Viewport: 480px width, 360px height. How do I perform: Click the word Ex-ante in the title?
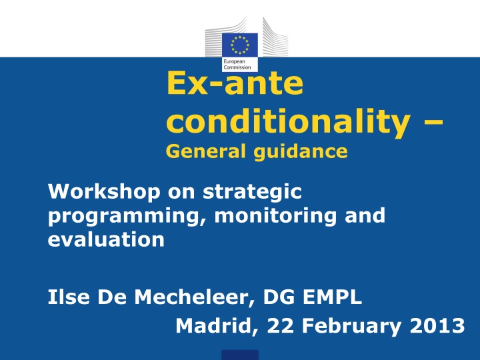pyautogui.click(x=235, y=83)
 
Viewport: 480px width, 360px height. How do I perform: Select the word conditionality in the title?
pyautogui.click(x=288, y=123)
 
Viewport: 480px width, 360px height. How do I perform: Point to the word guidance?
pyautogui.click(x=301, y=152)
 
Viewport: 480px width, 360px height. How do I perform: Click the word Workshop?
pyautogui.click(x=104, y=191)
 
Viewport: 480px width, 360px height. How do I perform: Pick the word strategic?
pyautogui.click(x=252, y=193)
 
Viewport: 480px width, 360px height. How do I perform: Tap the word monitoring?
pyautogui.click(x=275, y=217)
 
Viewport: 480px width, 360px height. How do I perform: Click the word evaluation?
pyautogui.click(x=106, y=239)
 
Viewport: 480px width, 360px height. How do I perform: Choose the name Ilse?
pyautogui.click(x=69, y=297)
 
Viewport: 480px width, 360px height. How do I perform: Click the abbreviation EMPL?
pyautogui.click(x=332, y=297)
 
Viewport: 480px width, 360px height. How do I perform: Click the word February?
pyautogui.click(x=351, y=326)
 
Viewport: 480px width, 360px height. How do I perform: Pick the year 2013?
pyautogui.click(x=437, y=325)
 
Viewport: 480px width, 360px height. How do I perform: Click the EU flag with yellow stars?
pyautogui.click(x=240, y=45)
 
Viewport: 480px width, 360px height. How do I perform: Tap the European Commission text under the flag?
pyautogui.click(x=237, y=64)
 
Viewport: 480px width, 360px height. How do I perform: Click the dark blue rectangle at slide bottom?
pyautogui.click(x=240, y=355)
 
